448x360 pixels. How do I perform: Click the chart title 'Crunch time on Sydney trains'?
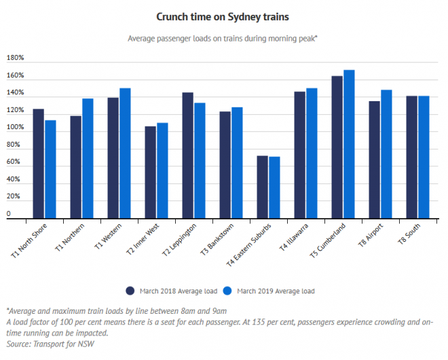click(x=223, y=16)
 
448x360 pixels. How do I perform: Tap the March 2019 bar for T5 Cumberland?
click(x=349, y=144)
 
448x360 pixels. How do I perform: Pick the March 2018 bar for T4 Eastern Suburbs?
click(x=262, y=187)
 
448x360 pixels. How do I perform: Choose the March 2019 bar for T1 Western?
click(x=125, y=153)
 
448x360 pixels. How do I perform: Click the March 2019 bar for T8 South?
click(x=424, y=157)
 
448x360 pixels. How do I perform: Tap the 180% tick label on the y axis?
click(x=15, y=58)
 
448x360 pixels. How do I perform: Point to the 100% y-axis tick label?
click(x=15, y=128)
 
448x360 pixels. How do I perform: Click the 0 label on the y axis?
click(x=9, y=214)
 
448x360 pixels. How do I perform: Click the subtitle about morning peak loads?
click(x=223, y=39)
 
